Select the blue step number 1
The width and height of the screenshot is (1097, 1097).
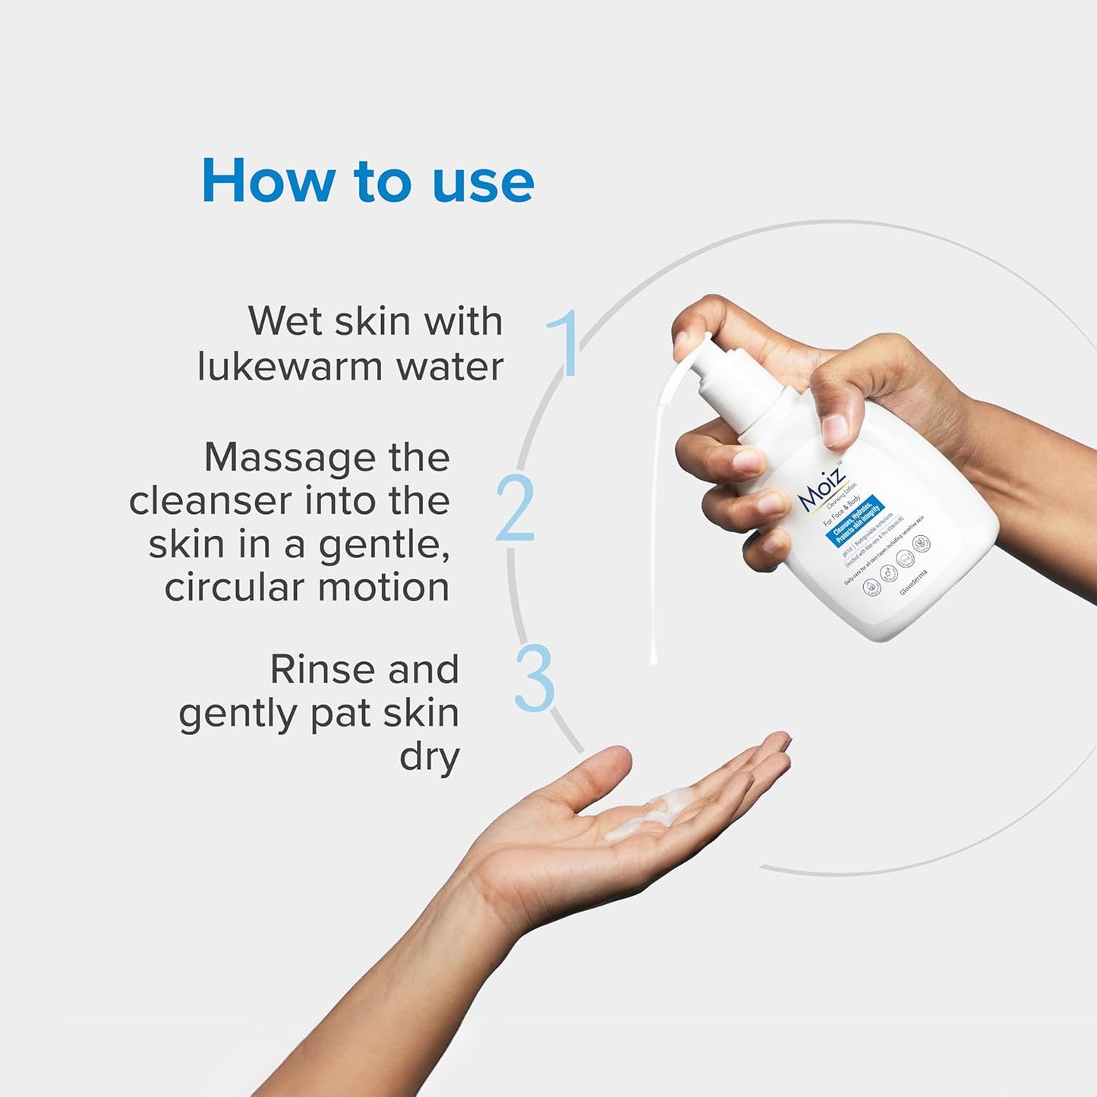[565, 342]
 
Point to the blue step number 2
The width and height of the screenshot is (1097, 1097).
[515, 508]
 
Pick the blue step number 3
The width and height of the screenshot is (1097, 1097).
[534, 678]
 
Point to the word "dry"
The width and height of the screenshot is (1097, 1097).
[430, 757]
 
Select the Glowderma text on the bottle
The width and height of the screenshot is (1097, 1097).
[913, 582]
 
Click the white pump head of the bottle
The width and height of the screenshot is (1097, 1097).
[710, 357]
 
